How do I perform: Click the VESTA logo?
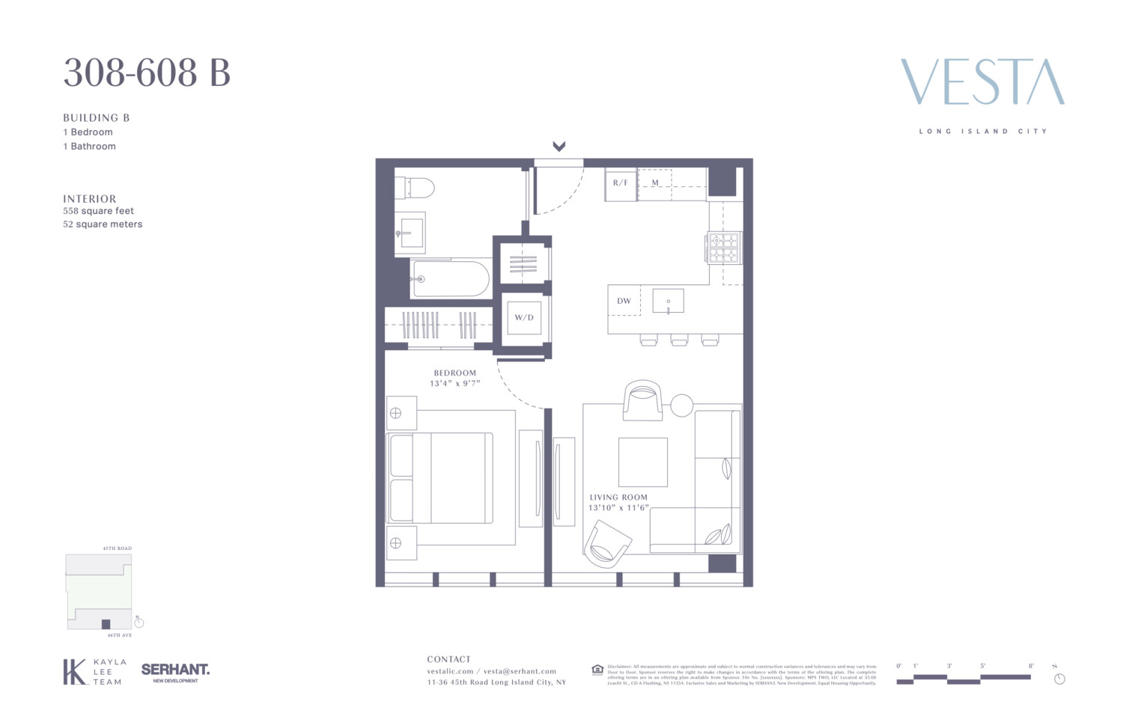pos(982,82)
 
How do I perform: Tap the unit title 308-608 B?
pos(147,73)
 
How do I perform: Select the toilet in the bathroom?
pos(416,187)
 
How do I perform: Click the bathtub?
pos(450,279)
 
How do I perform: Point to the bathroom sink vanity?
pos(410,233)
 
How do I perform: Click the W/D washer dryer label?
pos(524,317)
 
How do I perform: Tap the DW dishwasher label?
pos(624,302)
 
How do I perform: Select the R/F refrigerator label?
pos(620,183)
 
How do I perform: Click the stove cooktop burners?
pos(723,248)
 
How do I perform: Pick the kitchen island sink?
pos(668,301)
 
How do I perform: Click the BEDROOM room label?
pos(454,373)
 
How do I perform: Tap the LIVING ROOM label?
pos(618,497)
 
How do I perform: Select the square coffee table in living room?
pos(642,462)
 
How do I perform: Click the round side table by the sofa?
pos(681,406)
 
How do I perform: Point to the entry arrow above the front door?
pos(559,147)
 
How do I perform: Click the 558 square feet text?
pos(99,211)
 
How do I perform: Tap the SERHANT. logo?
pos(175,670)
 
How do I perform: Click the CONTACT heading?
pos(448,659)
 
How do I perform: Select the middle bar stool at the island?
pos(679,340)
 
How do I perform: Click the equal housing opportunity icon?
pos(597,670)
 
